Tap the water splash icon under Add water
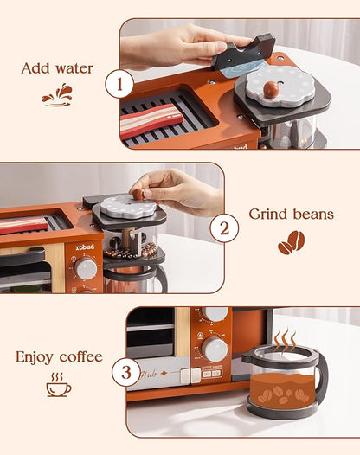[x=57, y=95]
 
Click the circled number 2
[x=223, y=229]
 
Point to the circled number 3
[x=126, y=374]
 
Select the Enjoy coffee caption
[x=59, y=356]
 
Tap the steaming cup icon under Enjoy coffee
[x=59, y=384]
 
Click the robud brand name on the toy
[x=85, y=246]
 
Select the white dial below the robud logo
[x=86, y=269]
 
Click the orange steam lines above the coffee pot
[x=285, y=340]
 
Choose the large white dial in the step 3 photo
[x=215, y=349]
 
